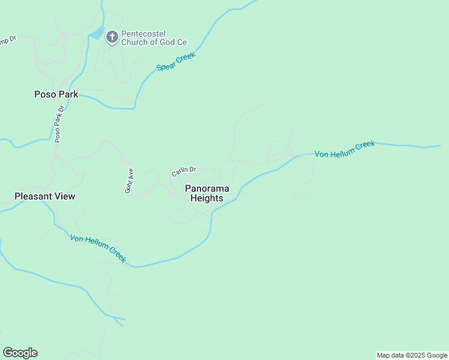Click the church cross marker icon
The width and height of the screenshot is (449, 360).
112,37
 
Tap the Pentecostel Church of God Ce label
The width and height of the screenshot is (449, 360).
154,38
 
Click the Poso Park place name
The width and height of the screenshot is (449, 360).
56,94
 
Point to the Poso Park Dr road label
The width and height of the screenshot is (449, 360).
59,124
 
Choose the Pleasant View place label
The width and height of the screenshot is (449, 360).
45,196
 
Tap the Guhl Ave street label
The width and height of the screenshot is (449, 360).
129,180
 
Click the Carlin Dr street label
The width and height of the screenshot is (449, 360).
184,171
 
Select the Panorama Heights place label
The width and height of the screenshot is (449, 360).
206,193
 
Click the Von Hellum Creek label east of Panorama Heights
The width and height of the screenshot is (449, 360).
345,149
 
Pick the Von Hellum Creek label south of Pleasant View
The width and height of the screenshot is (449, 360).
98,248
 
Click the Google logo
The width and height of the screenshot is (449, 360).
20,353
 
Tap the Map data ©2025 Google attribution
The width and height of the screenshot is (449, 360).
412,355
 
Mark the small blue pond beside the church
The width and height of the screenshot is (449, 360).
96,34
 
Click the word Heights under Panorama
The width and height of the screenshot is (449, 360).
206,199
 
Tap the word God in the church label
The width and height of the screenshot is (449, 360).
167,42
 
